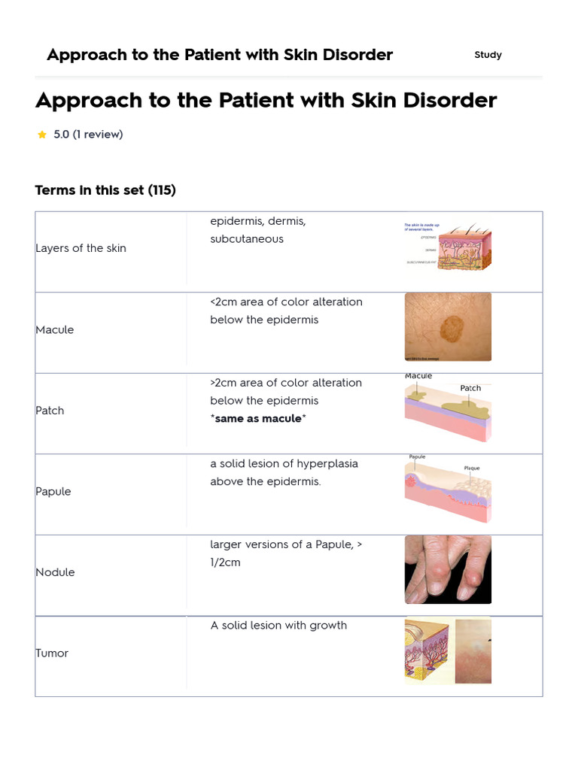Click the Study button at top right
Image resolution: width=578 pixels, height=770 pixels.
(x=488, y=55)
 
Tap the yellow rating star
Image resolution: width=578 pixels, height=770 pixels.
(x=42, y=135)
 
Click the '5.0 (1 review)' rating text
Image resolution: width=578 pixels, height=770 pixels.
(x=88, y=135)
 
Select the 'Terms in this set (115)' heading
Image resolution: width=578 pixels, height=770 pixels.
(x=105, y=190)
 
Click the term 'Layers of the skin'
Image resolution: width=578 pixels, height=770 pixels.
(x=81, y=248)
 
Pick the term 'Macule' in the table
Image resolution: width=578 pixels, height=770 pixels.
(x=55, y=329)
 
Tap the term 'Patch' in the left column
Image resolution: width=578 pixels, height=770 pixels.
(x=50, y=411)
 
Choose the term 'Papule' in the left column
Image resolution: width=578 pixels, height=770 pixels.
(x=53, y=491)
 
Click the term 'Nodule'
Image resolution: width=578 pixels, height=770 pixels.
(x=55, y=572)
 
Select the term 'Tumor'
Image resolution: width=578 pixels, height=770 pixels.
(x=52, y=653)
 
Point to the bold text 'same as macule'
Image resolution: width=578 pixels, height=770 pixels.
(x=258, y=418)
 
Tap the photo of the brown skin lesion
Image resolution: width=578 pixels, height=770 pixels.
(x=448, y=327)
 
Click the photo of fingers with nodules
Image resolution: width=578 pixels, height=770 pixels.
(x=448, y=569)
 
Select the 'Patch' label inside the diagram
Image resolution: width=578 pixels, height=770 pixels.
(x=470, y=388)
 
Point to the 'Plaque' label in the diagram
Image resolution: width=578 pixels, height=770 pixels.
(x=472, y=468)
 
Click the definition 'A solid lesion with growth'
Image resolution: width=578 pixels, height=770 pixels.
(x=278, y=626)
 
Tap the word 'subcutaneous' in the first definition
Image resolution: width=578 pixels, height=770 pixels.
(x=247, y=239)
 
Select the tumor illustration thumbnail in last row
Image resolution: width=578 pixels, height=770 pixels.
(x=448, y=650)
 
